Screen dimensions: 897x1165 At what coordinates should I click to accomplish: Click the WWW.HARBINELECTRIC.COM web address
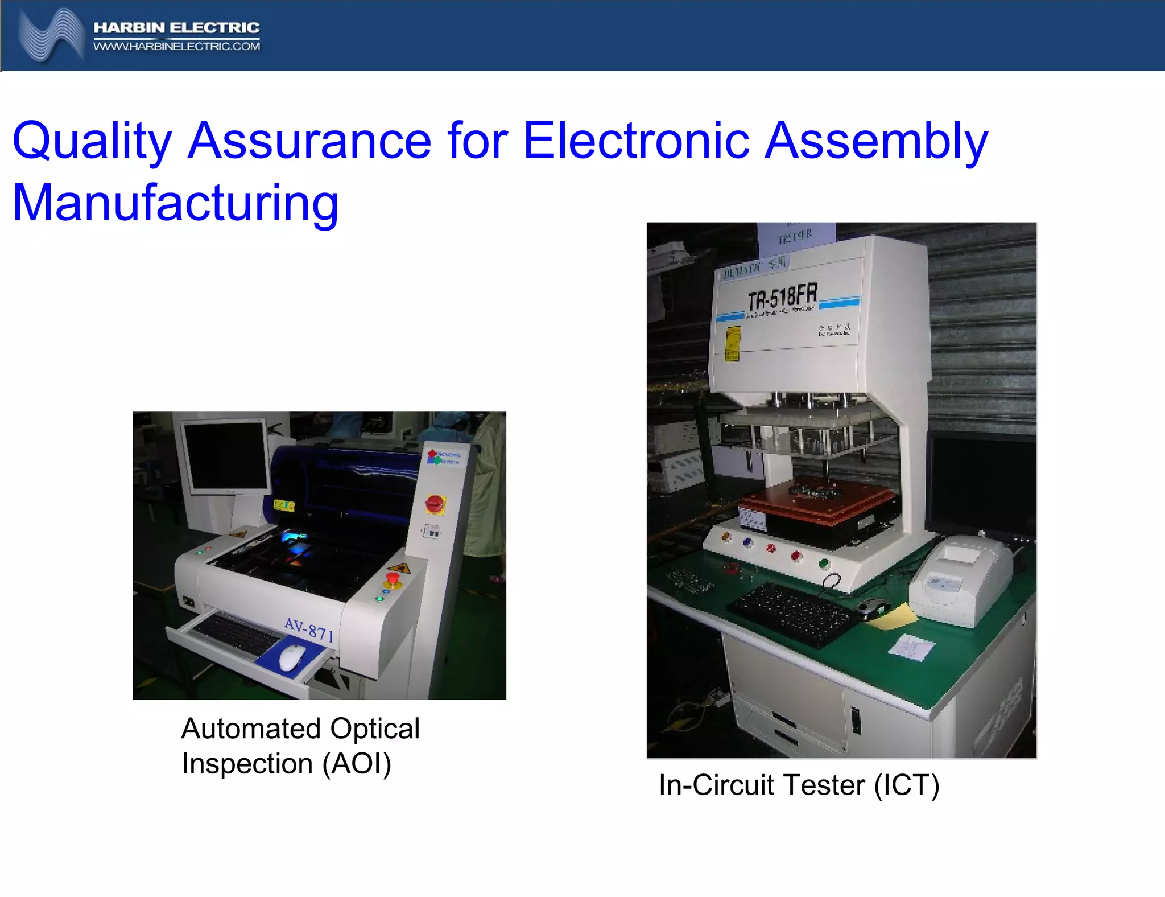click(x=176, y=47)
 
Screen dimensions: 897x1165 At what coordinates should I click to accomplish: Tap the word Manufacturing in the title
click(x=175, y=203)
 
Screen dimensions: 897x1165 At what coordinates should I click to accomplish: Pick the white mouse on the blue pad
click(x=292, y=658)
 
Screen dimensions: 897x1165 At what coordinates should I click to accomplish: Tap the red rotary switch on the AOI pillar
click(x=435, y=503)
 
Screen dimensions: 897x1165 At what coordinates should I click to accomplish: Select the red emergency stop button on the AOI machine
click(x=393, y=580)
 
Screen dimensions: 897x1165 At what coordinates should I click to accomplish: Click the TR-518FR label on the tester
click(x=783, y=297)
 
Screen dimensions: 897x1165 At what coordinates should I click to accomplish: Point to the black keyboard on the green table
click(x=792, y=614)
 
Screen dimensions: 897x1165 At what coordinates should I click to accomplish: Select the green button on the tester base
click(x=823, y=564)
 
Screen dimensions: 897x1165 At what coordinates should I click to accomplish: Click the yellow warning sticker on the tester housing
click(x=732, y=343)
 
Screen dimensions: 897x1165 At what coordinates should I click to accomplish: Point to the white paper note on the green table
click(x=911, y=647)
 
